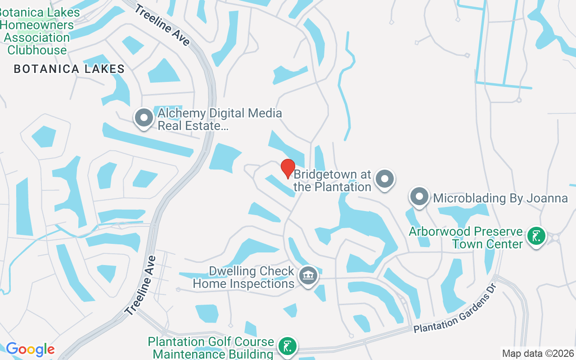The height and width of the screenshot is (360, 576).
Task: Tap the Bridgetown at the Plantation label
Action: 333,180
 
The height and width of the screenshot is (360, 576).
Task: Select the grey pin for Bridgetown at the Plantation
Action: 385,179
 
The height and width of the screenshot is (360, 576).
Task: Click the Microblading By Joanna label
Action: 500,198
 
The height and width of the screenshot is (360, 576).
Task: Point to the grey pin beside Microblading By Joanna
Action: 419,197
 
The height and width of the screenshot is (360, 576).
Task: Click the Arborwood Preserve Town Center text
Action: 466,238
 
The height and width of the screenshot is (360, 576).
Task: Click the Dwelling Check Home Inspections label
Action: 244,278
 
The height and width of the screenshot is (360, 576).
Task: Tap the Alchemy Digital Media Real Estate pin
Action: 144,118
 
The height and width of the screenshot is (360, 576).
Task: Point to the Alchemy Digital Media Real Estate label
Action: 220,119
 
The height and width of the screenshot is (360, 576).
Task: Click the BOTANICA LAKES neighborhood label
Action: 69,69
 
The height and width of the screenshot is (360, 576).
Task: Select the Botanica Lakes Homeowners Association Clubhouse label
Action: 38,31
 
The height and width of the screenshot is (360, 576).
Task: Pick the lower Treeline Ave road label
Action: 141,286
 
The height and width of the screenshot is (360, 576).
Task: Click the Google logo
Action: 30,349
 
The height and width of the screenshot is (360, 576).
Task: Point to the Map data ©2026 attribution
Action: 538,353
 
